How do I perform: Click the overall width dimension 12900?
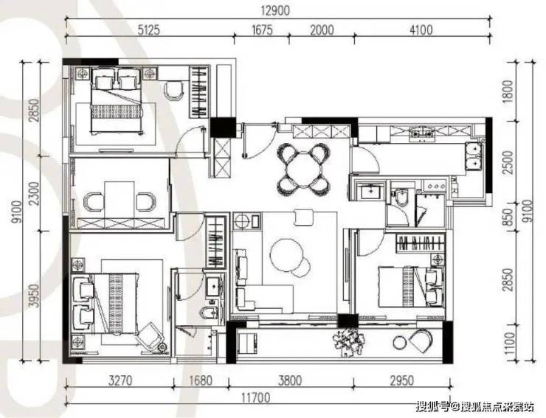275,11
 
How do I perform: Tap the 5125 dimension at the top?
148,30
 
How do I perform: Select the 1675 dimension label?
262,30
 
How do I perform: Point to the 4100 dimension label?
421,30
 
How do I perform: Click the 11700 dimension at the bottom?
255,397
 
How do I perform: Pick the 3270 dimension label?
120,380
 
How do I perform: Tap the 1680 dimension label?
201,380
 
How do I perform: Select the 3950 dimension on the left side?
34,296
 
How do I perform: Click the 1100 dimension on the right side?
509,344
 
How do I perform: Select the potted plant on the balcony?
348,342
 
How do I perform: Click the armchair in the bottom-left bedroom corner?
150,335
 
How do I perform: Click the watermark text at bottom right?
475,406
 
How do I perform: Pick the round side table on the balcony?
399,343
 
